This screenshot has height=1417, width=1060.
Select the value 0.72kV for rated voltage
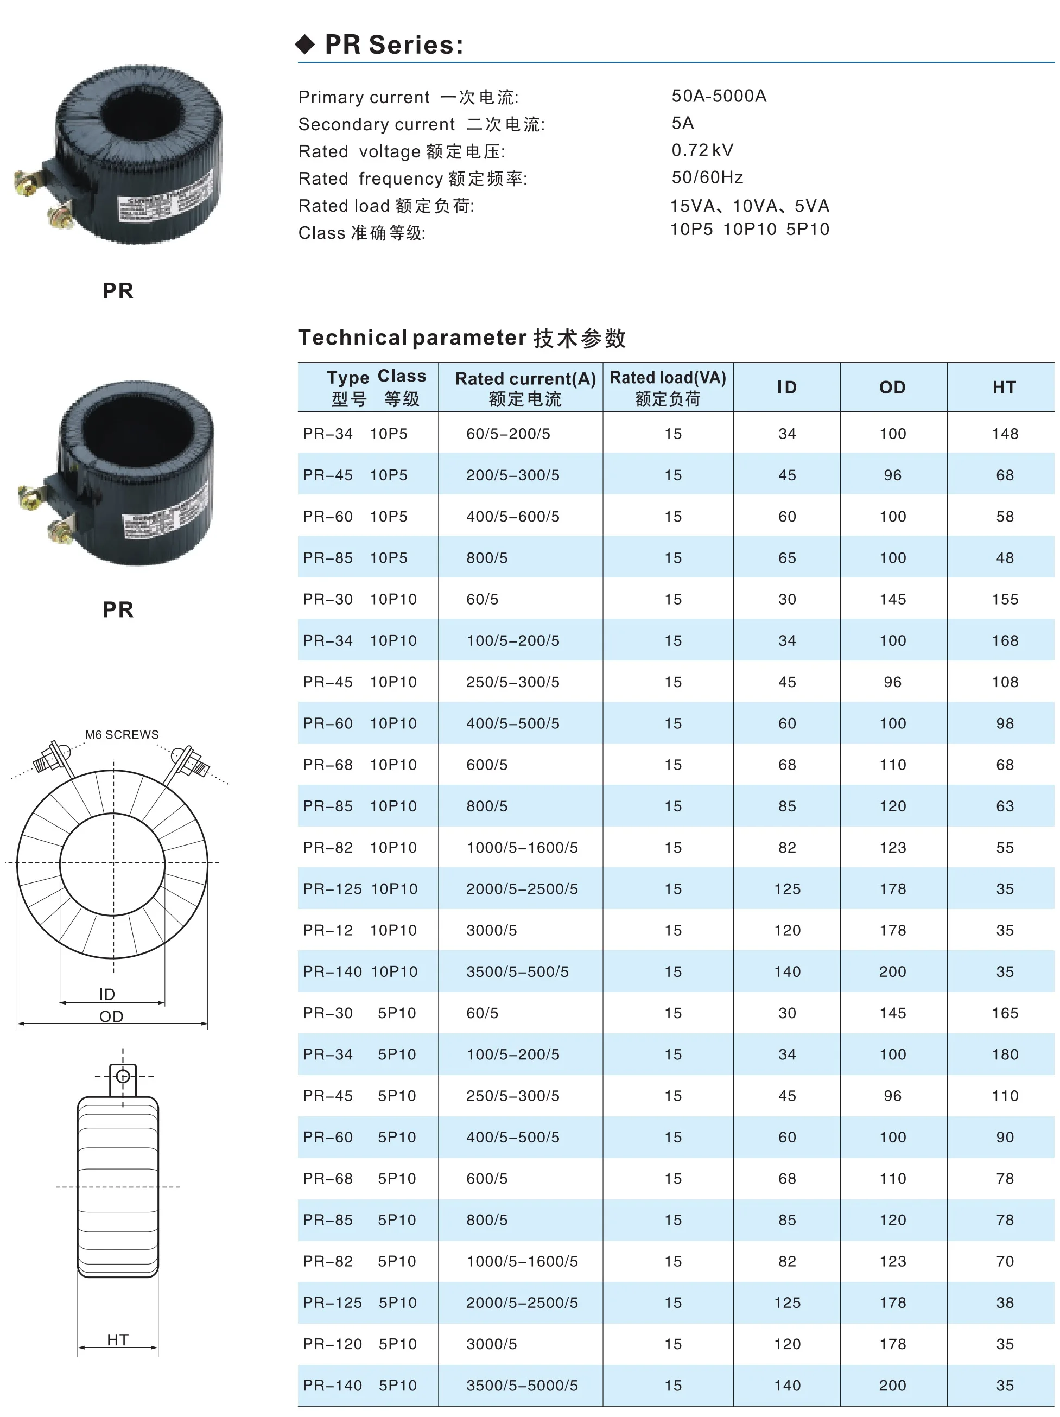click(x=702, y=150)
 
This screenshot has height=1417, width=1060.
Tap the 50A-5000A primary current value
click(x=719, y=96)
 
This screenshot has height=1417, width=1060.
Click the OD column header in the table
click(x=892, y=387)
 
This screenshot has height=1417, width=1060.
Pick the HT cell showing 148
click(x=1004, y=434)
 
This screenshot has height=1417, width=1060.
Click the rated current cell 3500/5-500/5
click(x=517, y=972)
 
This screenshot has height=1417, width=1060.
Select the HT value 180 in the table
click(x=1004, y=1054)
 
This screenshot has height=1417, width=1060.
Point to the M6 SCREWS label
click(x=122, y=734)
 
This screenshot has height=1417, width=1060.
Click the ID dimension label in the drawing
click(x=107, y=994)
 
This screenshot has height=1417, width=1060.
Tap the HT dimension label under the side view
click(x=118, y=1339)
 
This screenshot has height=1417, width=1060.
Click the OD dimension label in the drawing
click(x=111, y=1016)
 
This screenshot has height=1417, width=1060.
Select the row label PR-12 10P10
click(x=359, y=930)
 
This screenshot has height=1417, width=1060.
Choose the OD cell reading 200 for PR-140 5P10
click(x=892, y=1386)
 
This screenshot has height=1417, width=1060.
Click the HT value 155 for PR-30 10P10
click(x=1004, y=599)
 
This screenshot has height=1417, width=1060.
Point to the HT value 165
click(x=1004, y=1013)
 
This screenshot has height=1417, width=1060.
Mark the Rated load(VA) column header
click(x=668, y=387)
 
